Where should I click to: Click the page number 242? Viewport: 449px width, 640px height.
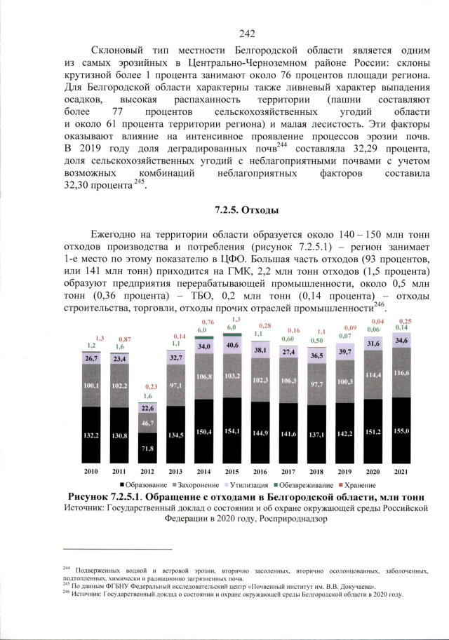coord(246,33)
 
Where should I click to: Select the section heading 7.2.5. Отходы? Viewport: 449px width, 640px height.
coord(247,209)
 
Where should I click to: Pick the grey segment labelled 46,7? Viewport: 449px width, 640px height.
coord(147,423)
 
